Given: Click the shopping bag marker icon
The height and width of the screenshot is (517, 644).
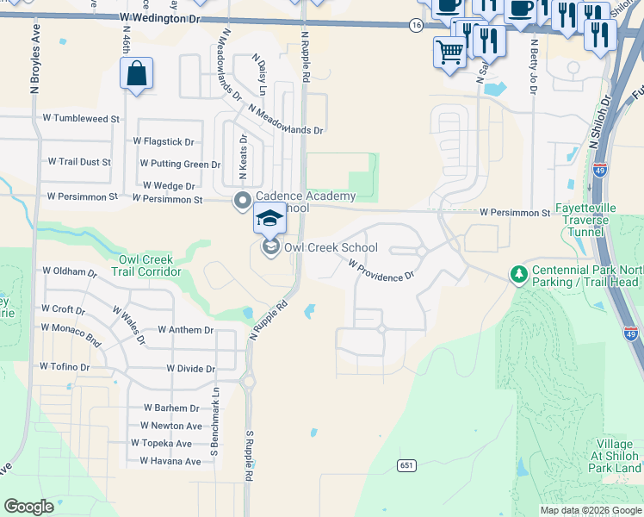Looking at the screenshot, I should click(137, 73).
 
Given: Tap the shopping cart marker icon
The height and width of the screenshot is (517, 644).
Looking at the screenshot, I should click(449, 52).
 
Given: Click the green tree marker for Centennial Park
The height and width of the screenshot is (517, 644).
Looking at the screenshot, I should click(518, 274).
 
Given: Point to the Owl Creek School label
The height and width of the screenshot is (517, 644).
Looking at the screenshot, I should click(331, 248).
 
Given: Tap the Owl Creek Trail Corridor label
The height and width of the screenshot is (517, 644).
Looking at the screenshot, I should click(146, 265).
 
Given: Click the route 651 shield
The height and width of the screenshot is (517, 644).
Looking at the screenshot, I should click(407, 465).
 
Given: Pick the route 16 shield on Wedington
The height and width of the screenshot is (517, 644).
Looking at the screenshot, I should click(417, 26).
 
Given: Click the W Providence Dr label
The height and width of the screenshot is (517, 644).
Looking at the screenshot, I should click(381, 271).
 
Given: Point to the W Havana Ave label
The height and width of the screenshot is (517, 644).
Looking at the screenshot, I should click(164, 461).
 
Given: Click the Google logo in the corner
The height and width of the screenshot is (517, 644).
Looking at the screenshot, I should click(28, 507).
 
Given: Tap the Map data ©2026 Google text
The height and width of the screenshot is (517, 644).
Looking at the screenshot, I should click(591, 510).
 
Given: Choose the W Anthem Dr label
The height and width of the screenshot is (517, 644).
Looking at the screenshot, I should click(185, 330).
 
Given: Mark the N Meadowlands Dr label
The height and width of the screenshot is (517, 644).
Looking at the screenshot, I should click(285, 120).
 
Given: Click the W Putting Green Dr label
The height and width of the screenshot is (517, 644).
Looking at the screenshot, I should click(180, 164).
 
